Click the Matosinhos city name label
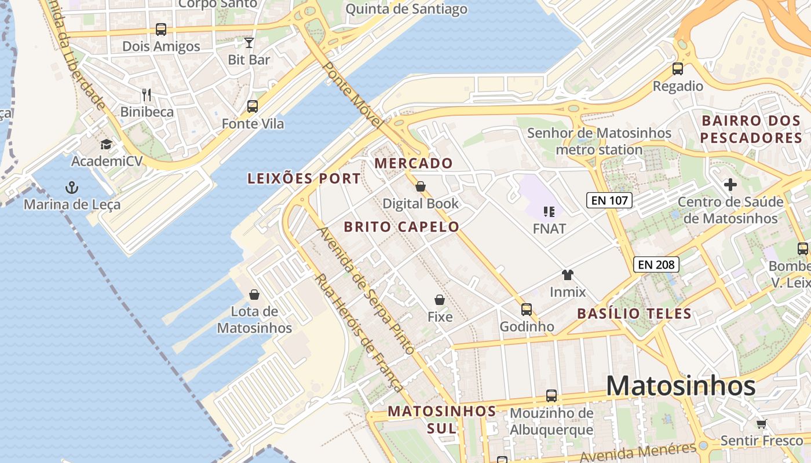(681, 386)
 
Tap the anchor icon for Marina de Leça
(72, 187)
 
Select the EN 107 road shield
(609, 201)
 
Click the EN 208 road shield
(656, 264)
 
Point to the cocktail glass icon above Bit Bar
(249, 42)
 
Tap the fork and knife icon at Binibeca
(147, 95)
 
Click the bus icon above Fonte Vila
(253, 106)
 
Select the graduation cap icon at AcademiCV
(106, 144)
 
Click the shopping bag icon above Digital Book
(421, 186)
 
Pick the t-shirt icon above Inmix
(567, 274)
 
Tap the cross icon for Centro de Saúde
(730, 185)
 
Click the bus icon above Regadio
(678, 69)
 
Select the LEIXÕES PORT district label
(304, 179)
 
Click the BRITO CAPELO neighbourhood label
(401, 227)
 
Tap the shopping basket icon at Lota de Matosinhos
(254, 295)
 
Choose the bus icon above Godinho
(527, 309)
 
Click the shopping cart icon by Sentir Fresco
(761, 424)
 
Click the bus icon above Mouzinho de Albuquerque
(551, 396)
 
